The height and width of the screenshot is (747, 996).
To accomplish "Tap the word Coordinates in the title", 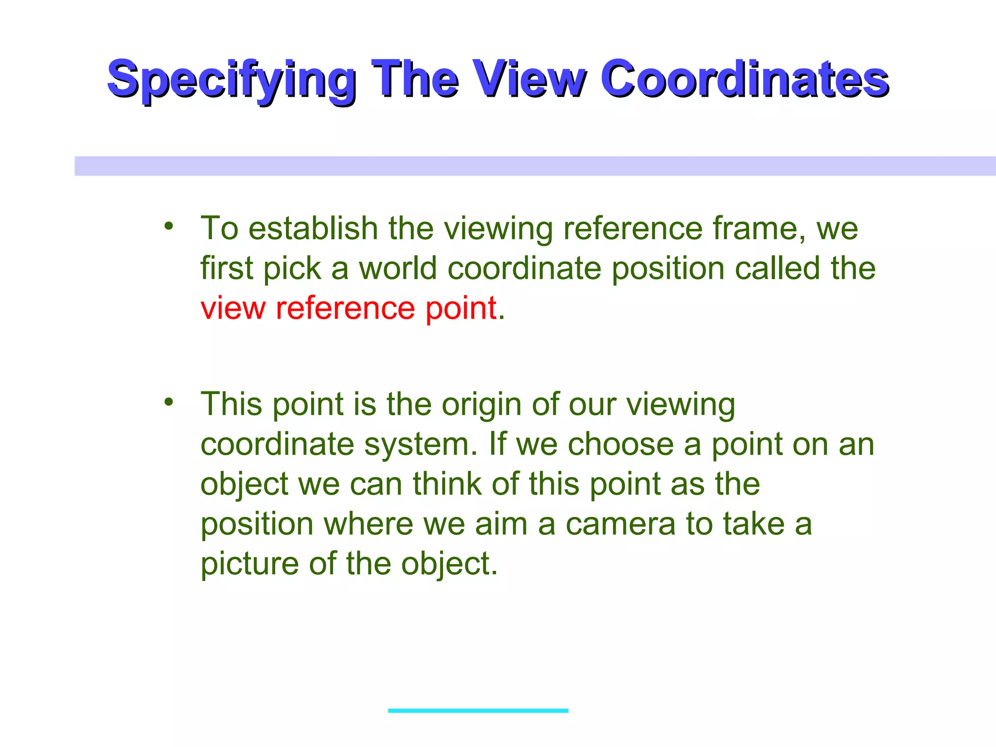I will (744, 79).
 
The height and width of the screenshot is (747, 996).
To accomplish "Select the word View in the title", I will (530, 79).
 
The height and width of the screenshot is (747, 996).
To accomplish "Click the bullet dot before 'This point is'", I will (169, 402).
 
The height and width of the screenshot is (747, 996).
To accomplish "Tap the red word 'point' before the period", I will (461, 309).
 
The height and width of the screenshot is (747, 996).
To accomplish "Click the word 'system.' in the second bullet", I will (421, 445).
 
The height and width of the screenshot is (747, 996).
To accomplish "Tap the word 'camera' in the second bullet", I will (621, 524).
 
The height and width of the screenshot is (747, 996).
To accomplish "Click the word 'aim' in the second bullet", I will (501, 524).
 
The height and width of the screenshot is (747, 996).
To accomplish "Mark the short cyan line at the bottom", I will (478, 711).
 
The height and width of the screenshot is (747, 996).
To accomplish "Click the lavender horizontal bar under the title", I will (535, 166).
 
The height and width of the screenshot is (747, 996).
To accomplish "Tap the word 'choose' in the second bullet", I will (621, 445).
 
